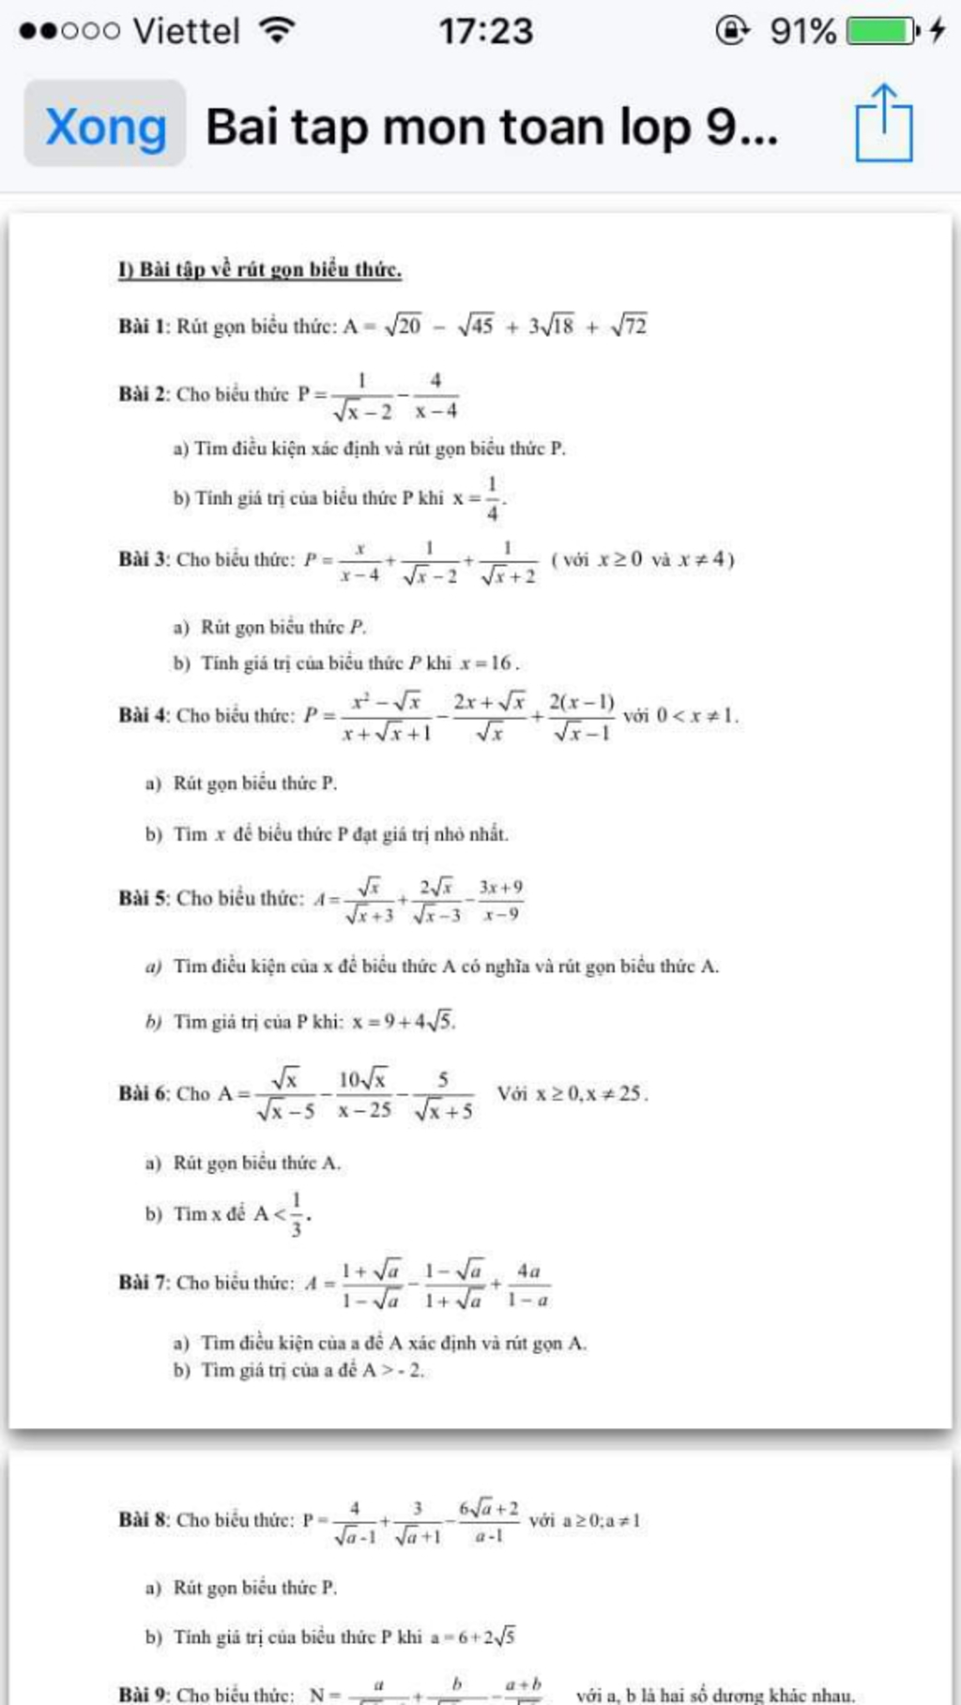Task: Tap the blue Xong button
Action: click(105, 126)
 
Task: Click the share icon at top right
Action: click(883, 123)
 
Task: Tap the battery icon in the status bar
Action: click(881, 31)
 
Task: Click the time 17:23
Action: click(485, 31)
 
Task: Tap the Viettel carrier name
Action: click(187, 31)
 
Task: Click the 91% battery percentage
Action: click(802, 31)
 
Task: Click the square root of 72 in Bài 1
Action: click(629, 326)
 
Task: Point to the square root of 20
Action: click(404, 326)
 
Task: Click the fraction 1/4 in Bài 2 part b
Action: click(492, 498)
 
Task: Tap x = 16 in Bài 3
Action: click(488, 662)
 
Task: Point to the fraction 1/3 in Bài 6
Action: click(297, 1214)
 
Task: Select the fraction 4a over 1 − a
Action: click(528, 1284)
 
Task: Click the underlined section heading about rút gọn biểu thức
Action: click(260, 270)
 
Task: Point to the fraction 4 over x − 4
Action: click(436, 395)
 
